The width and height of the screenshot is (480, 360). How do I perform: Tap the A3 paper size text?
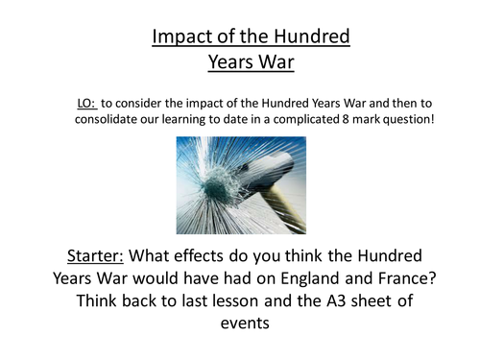pyautogui.click(x=352, y=301)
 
